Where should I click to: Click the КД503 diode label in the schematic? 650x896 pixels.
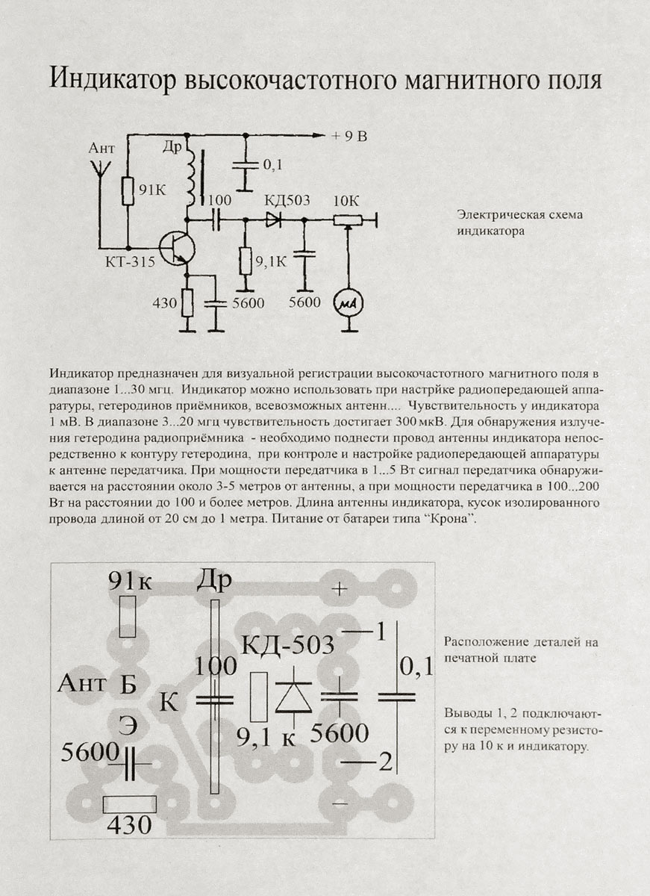click(x=288, y=201)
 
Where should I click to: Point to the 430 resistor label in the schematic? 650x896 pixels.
click(x=164, y=303)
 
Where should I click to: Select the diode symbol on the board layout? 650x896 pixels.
click(x=293, y=695)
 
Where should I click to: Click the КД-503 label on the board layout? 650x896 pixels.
click(x=288, y=644)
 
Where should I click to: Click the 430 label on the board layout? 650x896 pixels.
click(x=130, y=825)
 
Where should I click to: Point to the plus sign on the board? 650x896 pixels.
click(x=340, y=589)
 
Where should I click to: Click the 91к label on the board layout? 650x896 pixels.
click(x=130, y=580)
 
